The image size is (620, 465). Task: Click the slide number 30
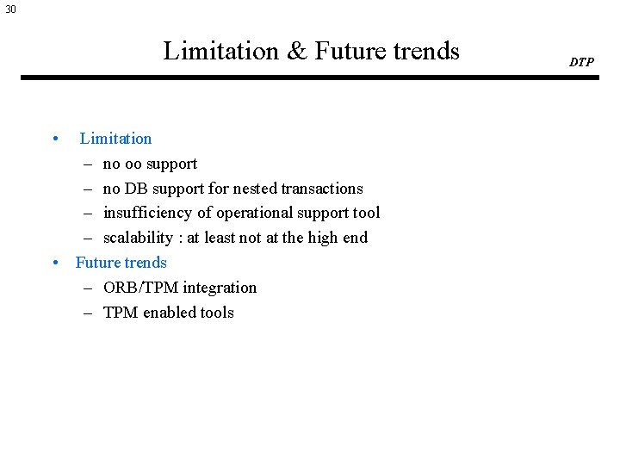(9, 9)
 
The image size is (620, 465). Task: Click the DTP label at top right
(581, 62)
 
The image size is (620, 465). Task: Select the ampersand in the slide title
(296, 51)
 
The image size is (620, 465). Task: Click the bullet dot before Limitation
(55, 139)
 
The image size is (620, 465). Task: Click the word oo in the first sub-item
(133, 164)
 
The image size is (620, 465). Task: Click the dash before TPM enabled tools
(89, 313)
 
